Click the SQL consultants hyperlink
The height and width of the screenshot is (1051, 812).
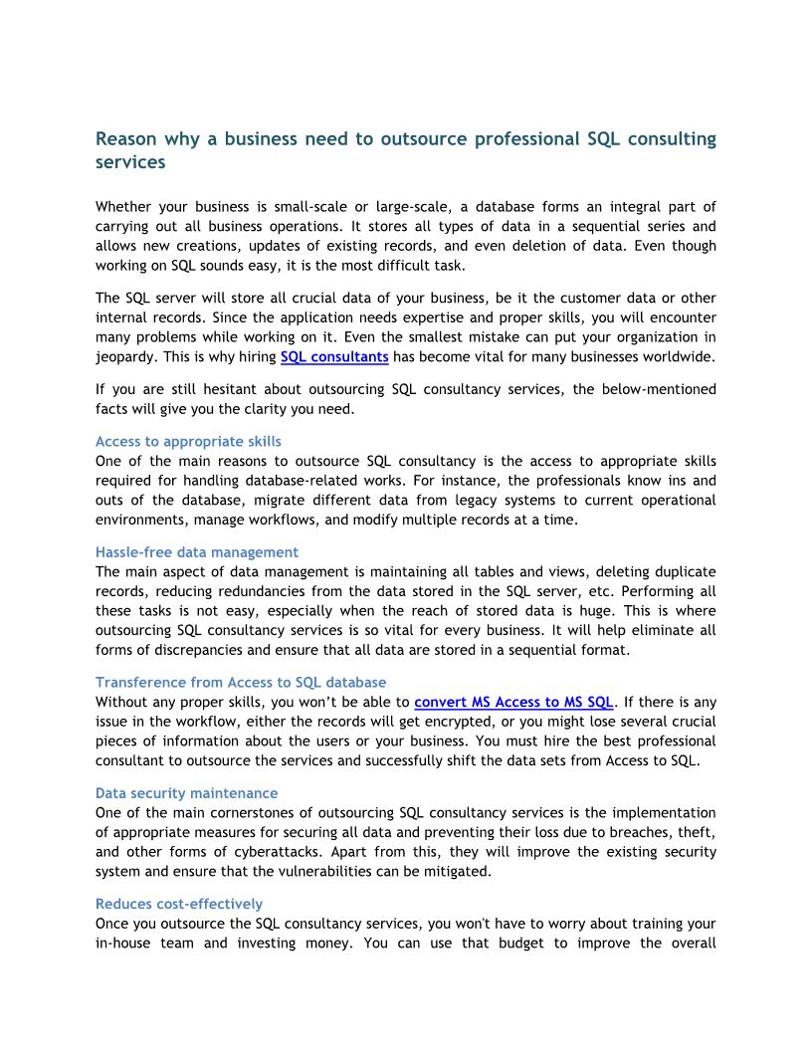[334, 356]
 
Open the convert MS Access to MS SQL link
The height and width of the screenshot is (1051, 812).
[515, 701]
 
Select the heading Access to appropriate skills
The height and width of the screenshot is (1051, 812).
[188, 441]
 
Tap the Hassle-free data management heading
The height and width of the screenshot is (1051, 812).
[197, 551]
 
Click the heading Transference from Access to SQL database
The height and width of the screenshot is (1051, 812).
[241, 682]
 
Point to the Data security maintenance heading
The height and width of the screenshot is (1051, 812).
[187, 793]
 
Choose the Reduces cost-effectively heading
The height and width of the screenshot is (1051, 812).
[179, 904]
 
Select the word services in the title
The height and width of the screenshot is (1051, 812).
[130, 161]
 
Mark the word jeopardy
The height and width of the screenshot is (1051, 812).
[124, 356]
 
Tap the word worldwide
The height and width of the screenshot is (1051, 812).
[678, 356]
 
